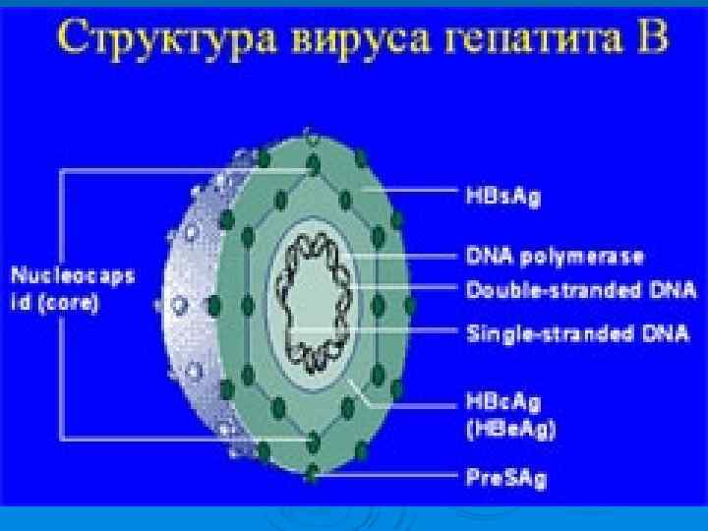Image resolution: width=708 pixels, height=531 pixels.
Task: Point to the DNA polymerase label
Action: (554, 258)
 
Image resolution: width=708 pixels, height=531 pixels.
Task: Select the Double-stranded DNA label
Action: (580, 290)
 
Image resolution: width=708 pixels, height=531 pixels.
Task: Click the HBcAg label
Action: (503, 403)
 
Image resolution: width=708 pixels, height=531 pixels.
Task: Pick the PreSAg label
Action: (505, 479)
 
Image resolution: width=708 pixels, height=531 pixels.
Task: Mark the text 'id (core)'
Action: (55, 304)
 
